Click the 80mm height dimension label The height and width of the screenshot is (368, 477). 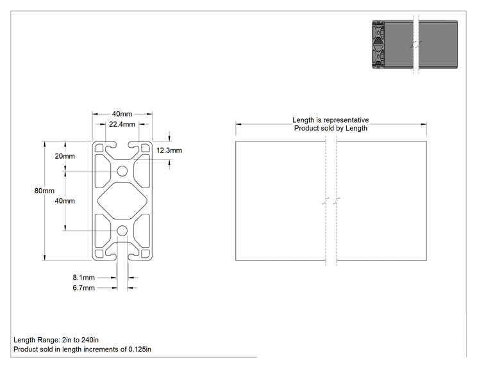(x=44, y=191)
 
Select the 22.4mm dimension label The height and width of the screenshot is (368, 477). (x=122, y=124)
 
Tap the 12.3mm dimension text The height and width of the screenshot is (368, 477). (x=169, y=150)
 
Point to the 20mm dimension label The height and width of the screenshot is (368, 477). (x=65, y=156)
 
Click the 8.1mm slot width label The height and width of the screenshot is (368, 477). (x=83, y=277)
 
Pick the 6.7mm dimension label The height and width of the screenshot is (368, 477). (x=83, y=287)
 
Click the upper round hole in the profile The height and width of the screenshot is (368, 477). (x=122, y=171)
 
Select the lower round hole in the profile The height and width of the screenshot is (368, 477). (x=122, y=231)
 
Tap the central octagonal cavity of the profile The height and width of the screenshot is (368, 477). (x=122, y=201)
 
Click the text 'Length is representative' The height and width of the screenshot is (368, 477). (x=331, y=120)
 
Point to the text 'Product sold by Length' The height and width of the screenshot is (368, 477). (x=331, y=128)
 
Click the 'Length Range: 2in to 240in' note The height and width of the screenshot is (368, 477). (x=56, y=340)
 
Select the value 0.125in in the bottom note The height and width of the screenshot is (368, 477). (x=140, y=349)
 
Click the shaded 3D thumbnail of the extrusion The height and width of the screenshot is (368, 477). (x=415, y=44)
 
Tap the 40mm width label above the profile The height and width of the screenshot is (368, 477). (x=122, y=114)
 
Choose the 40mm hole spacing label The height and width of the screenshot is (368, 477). (x=65, y=201)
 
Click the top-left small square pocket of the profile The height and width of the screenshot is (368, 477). (x=99, y=148)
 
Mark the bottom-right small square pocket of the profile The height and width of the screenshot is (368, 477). (x=146, y=254)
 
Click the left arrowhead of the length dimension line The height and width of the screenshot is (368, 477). (x=238, y=124)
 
